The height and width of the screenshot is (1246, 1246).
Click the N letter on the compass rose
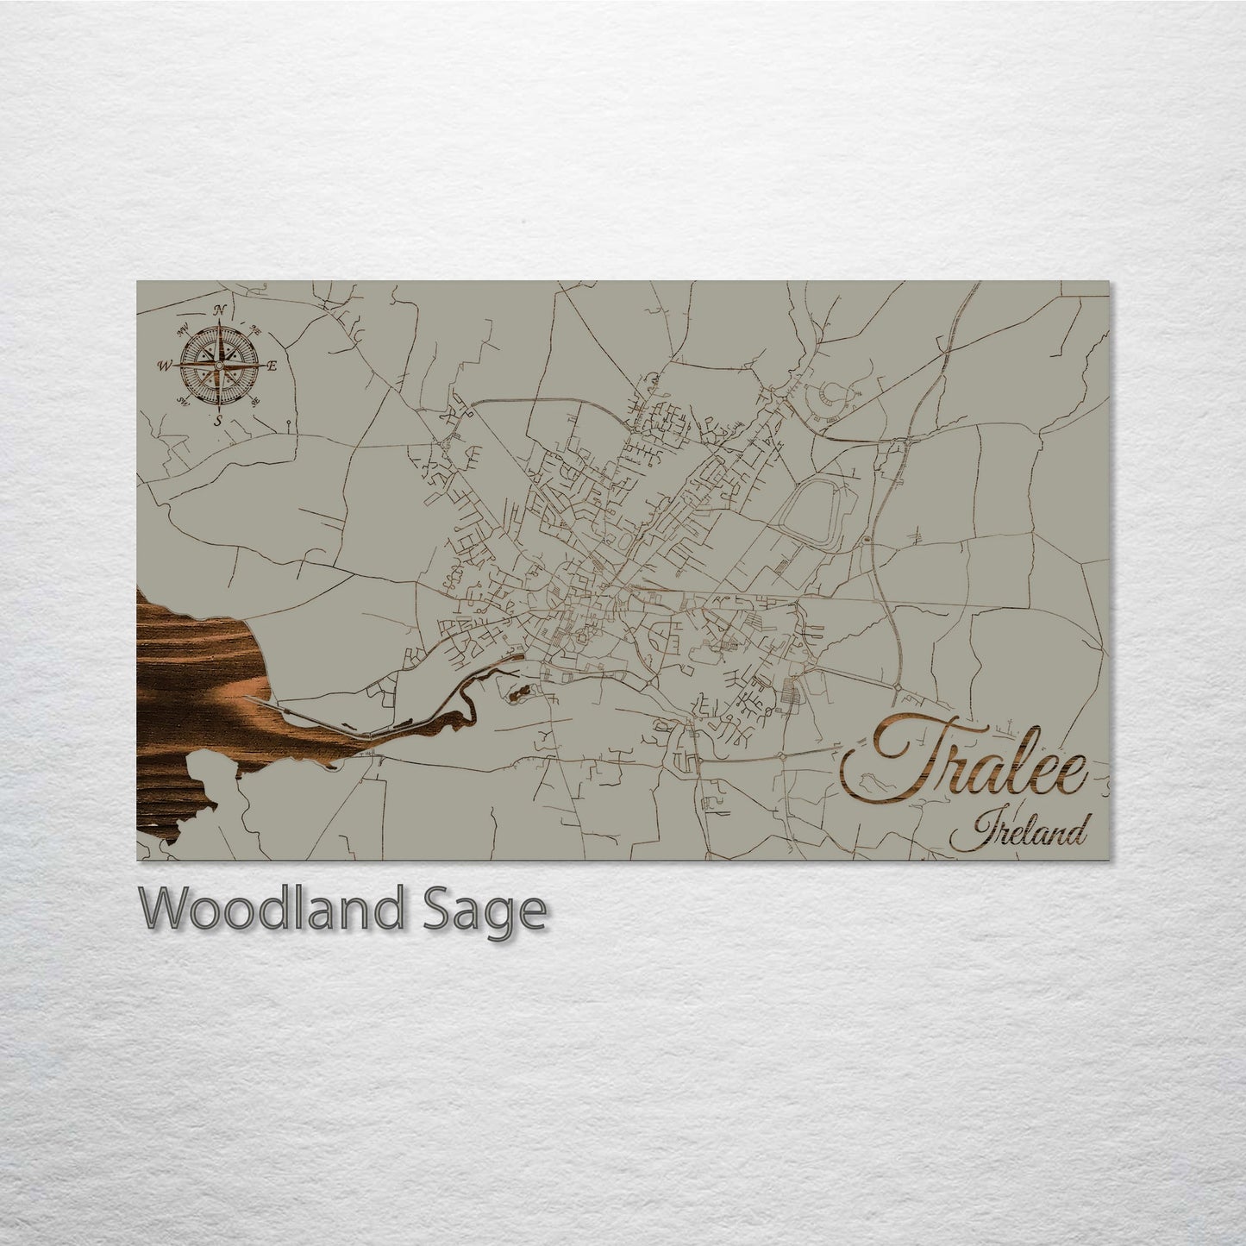point(220,311)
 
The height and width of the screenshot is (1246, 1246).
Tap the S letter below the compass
point(219,419)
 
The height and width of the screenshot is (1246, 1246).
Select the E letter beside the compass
point(272,366)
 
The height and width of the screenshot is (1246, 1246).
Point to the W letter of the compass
point(164,366)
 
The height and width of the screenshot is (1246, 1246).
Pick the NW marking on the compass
point(182,329)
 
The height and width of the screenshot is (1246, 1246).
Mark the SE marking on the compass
point(254,402)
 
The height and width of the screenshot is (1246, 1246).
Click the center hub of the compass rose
point(219,366)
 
